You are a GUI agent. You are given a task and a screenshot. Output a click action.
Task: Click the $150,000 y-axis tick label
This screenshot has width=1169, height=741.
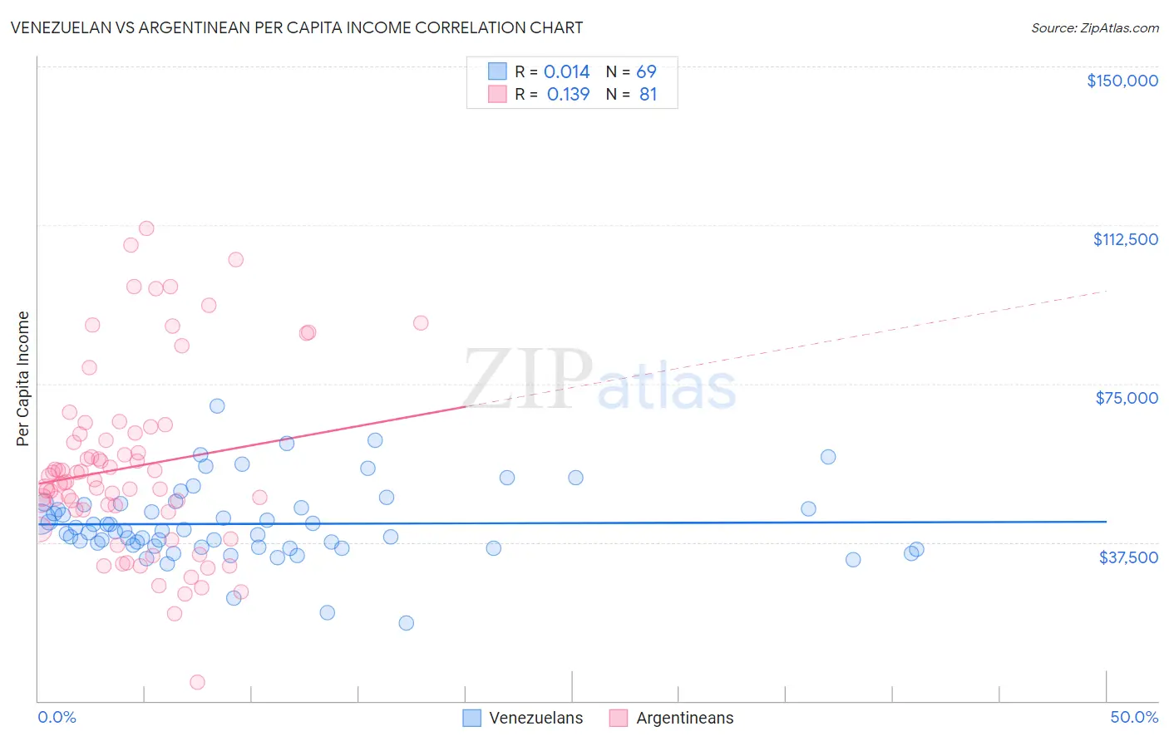[x=1122, y=81]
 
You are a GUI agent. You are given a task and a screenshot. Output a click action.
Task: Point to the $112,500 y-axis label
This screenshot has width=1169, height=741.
[x=1125, y=239]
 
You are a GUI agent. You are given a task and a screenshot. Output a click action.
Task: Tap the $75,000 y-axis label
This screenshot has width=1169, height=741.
[x=1127, y=398]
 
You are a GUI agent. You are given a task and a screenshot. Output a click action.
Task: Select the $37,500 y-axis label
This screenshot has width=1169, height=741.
[x=1128, y=557]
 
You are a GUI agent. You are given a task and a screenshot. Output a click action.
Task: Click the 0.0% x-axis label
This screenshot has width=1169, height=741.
[x=57, y=718]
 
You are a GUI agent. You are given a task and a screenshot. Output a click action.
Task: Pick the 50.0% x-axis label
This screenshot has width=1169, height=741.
[x=1133, y=718]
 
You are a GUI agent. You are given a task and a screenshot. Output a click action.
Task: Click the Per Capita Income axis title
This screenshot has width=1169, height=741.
[x=23, y=379]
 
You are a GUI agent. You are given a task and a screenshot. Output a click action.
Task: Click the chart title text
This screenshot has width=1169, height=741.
[x=297, y=27]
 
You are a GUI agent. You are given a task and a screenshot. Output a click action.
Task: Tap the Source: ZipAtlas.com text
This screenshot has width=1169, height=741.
[x=1094, y=28]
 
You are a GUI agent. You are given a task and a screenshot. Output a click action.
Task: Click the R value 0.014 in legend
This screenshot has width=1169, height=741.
[x=566, y=72]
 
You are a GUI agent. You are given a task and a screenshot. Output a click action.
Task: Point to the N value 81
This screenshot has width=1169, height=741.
[x=648, y=95]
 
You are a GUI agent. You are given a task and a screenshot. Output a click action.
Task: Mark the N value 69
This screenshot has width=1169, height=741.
[x=646, y=72]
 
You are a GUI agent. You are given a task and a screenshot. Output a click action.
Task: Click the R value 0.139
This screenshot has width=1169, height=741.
[x=568, y=95]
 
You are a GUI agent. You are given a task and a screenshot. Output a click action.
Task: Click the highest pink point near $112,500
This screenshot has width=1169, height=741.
[x=146, y=228]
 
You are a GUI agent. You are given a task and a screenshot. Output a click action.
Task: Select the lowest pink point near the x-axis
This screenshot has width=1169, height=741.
[x=197, y=682]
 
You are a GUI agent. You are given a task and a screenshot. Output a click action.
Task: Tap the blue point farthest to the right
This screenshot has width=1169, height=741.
[x=916, y=549]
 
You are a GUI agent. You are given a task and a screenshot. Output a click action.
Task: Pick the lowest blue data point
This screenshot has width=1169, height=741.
[x=406, y=623]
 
